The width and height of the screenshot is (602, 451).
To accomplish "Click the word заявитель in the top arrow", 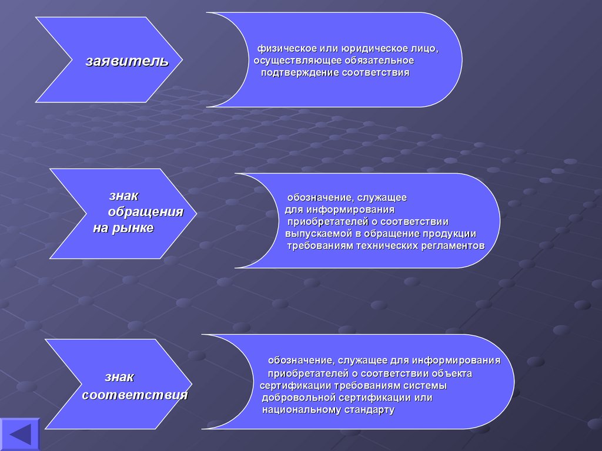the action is point(127,61).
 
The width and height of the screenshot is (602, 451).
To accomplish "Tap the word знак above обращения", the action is point(123,196).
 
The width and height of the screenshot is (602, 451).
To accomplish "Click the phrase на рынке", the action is point(123,228).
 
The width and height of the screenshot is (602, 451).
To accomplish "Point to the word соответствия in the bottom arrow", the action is point(135,395).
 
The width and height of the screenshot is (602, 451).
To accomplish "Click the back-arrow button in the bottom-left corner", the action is point(19,435).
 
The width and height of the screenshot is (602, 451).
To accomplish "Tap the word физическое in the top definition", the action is point(280,49).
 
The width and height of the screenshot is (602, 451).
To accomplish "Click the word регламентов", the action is point(453,245).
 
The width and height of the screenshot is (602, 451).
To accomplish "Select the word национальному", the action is point(302,409).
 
